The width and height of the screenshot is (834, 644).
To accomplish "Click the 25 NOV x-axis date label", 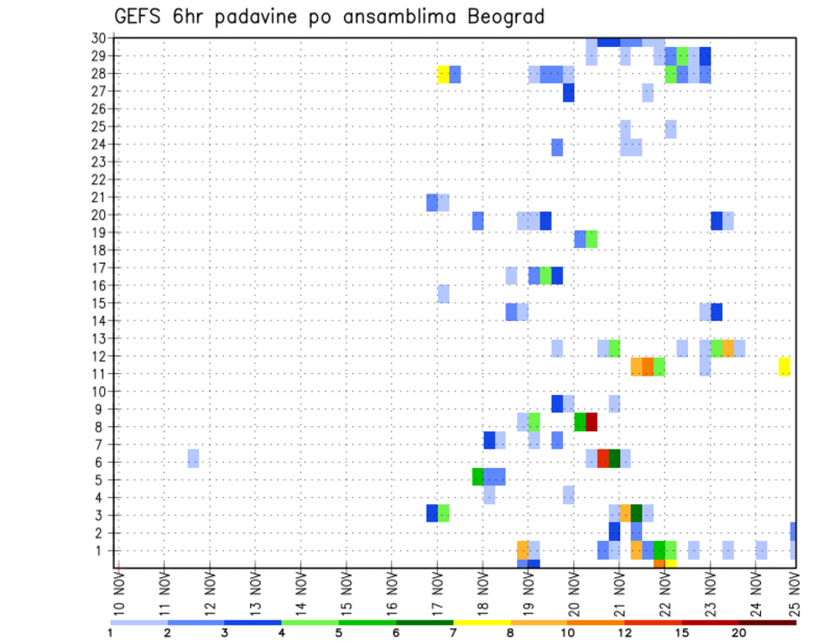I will [x=795, y=595].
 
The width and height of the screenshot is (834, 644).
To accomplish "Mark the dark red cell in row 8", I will [x=592, y=422].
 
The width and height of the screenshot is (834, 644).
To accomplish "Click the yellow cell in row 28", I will [x=443, y=74].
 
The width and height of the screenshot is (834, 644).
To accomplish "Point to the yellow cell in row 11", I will [x=784, y=366].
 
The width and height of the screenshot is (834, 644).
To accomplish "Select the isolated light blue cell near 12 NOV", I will [x=193, y=457].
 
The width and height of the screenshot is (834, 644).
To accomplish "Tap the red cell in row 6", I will [x=603, y=457].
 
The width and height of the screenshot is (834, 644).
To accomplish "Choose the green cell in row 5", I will [x=478, y=476].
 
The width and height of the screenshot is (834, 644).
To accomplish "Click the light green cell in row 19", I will [x=592, y=239].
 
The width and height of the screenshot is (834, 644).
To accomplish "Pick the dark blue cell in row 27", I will [x=568, y=92].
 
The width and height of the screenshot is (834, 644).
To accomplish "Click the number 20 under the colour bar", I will [x=738, y=633].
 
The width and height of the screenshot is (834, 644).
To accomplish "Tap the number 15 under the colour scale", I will [x=681, y=633].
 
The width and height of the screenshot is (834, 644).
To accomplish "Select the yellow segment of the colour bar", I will [x=481, y=622].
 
